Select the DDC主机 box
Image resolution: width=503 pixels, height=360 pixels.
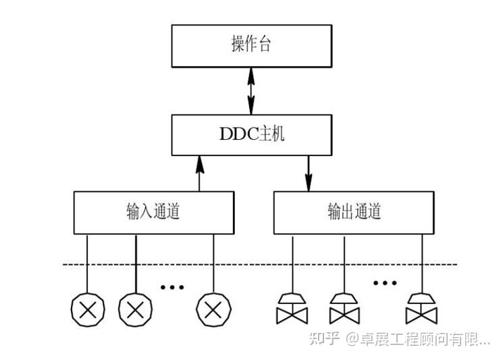click(251, 134)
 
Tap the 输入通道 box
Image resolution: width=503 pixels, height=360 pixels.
click(155, 212)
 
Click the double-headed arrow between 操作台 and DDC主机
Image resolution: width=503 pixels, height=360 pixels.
click(251, 91)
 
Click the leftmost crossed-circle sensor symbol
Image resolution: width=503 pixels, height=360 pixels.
click(88, 310)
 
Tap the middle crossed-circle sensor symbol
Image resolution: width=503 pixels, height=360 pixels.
click(136, 310)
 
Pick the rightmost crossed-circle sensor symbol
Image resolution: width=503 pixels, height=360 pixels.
click(213, 310)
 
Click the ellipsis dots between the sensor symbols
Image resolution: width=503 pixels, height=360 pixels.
click(172, 287)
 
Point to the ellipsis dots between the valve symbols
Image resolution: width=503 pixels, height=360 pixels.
click(385, 282)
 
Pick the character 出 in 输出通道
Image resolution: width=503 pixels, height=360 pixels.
click(345, 212)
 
